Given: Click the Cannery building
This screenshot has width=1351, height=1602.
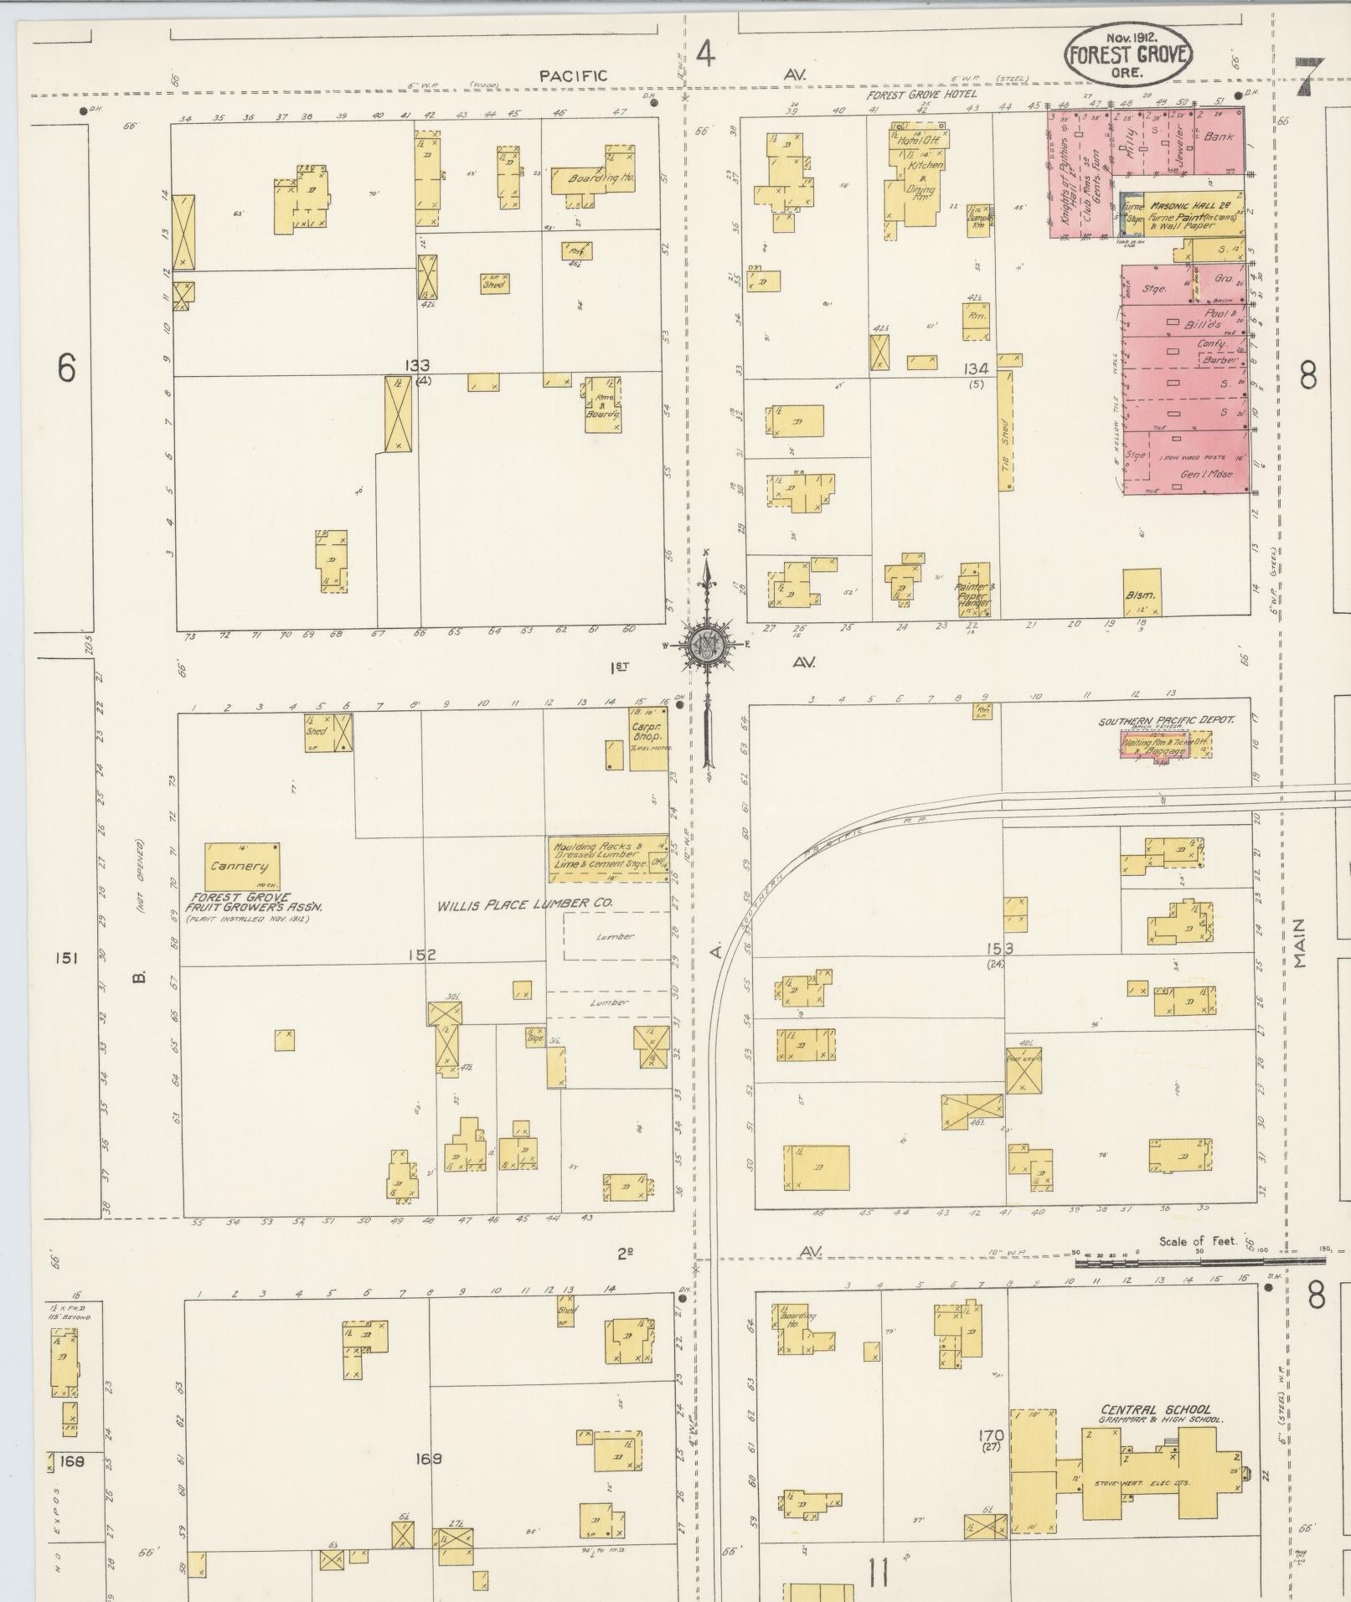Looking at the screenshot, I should point(241,867).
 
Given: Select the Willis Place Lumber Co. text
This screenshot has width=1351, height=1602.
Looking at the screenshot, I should point(525,904).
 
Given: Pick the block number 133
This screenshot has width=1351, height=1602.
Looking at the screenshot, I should point(416,365).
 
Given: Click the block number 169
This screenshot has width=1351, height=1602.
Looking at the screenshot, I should point(430,1459).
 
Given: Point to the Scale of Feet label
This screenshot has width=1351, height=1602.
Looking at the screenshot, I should point(1199,1241).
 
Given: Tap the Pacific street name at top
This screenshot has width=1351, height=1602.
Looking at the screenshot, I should point(572,76).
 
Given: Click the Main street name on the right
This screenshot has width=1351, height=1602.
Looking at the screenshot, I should point(1299,942).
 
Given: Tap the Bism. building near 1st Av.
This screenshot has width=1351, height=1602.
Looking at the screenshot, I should point(1141,594).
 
